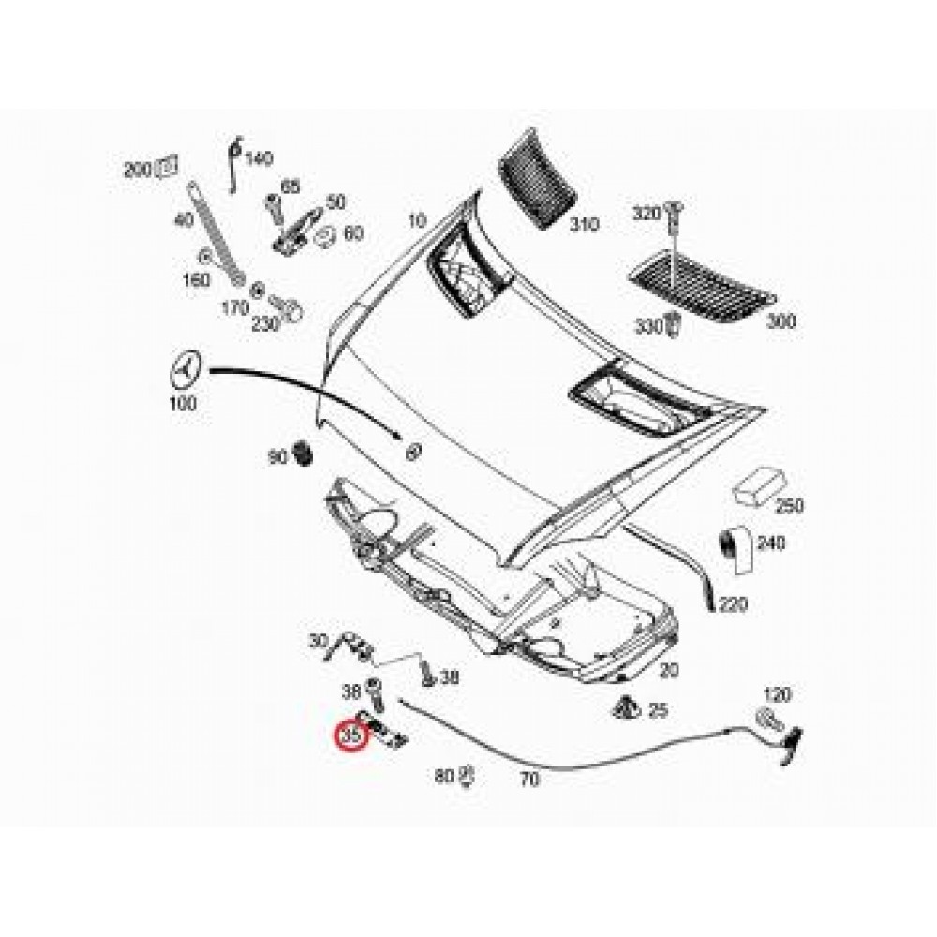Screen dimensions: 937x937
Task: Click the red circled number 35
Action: coord(351,737)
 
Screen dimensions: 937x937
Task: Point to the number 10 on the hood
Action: coord(416,221)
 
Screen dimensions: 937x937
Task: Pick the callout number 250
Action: coord(789,506)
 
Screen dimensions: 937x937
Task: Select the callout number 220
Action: coord(734,605)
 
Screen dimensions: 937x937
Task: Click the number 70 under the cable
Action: coord(529,778)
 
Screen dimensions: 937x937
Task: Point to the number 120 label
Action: coord(778,695)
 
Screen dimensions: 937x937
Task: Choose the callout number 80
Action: coord(445,776)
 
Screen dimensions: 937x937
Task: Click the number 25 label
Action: coord(659,711)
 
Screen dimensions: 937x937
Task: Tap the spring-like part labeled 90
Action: coord(303,453)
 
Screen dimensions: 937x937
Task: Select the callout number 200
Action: coord(137,171)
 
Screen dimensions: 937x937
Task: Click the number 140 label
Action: coord(258,158)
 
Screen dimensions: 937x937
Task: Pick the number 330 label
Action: coord(647,325)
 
